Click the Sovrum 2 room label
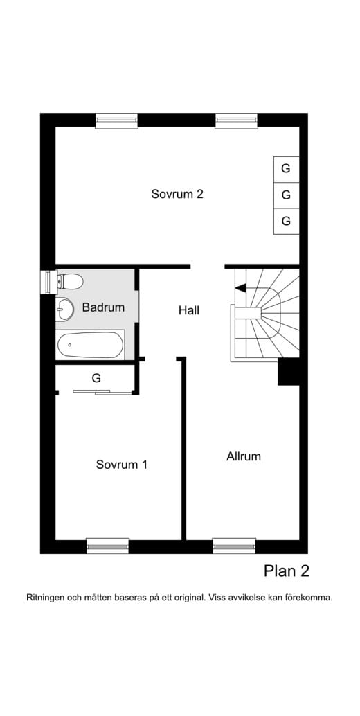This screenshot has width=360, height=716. tap(177, 194)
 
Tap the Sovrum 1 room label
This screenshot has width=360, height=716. tap(121, 465)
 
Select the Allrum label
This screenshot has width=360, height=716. tap(244, 456)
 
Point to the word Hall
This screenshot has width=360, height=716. tap(189, 310)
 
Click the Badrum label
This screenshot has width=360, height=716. tap(103, 307)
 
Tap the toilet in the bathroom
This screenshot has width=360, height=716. tap(70, 281)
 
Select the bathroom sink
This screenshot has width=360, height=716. tap(65, 308)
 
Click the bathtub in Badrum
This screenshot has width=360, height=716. tap(90, 345)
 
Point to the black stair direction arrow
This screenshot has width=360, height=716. tap(240, 287)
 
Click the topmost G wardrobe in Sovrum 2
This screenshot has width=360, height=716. tap(286, 169)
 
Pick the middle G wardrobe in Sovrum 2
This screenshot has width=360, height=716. tap(286, 195)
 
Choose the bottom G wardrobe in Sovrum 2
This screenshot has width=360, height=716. tap(286, 221)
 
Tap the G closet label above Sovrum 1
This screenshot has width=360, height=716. tap(96, 378)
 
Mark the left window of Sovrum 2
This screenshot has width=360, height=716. tap(116, 120)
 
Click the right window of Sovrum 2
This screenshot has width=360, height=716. tap(236, 120)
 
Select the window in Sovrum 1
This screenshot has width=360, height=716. tap(108, 546)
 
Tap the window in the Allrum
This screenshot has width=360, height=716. tap(234, 546)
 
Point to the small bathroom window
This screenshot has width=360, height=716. tap(48, 282)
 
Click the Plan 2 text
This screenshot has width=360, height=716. tap(287, 571)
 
